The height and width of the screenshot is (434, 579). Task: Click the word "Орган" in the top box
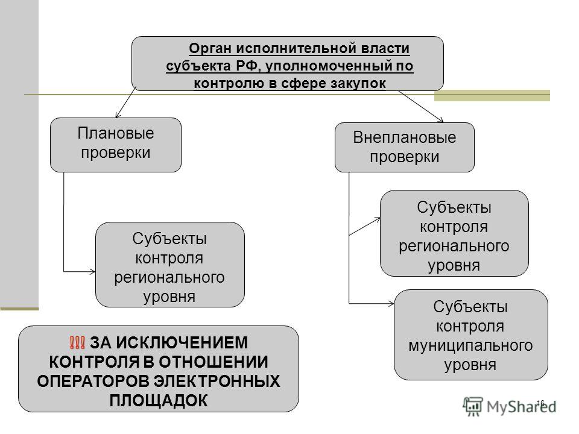click(210, 48)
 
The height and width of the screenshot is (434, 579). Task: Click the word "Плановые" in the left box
click(116, 133)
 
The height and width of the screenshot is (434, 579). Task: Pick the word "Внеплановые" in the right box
click(404, 137)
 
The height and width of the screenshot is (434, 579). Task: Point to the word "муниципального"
click(470, 346)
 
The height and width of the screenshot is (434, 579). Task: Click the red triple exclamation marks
click(77, 343)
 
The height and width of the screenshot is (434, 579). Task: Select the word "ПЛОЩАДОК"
click(159, 401)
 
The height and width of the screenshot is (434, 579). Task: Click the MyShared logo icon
click(473, 406)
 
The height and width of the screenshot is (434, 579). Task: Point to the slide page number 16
click(540, 403)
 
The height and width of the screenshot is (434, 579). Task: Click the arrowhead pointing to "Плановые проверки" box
click(118, 115)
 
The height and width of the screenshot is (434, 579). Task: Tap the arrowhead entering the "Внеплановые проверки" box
click(440, 120)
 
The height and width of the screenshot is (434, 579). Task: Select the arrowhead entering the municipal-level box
click(392, 304)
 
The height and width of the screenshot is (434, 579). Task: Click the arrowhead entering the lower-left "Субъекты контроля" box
click(93, 272)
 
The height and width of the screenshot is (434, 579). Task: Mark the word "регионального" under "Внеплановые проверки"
click(454, 247)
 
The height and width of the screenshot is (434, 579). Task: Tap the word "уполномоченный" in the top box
click(329, 66)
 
